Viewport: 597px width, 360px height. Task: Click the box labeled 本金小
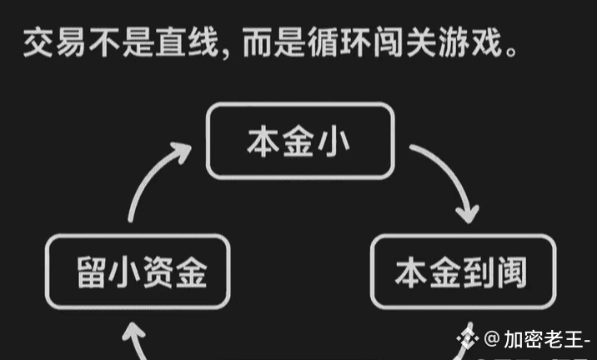(299, 140)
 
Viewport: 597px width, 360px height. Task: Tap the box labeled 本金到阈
(462, 272)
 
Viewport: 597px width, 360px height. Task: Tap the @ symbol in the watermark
(492, 340)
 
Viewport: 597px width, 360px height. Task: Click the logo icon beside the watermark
(470, 340)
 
